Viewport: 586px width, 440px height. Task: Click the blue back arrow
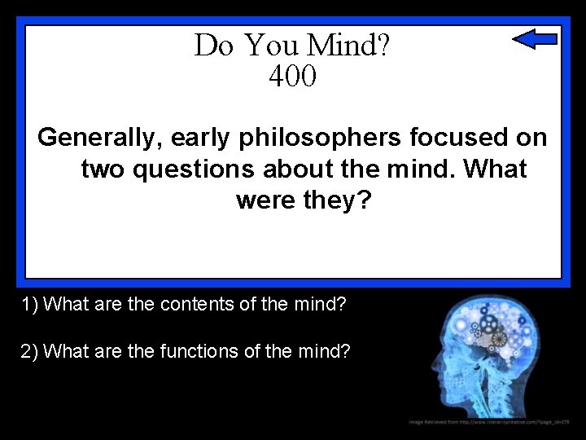tap(535, 38)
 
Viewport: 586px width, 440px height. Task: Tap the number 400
tap(291, 77)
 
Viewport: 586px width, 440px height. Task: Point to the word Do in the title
tap(213, 45)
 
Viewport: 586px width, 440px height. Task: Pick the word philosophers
tap(320, 138)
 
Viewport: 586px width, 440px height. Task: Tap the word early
tap(201, 138)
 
